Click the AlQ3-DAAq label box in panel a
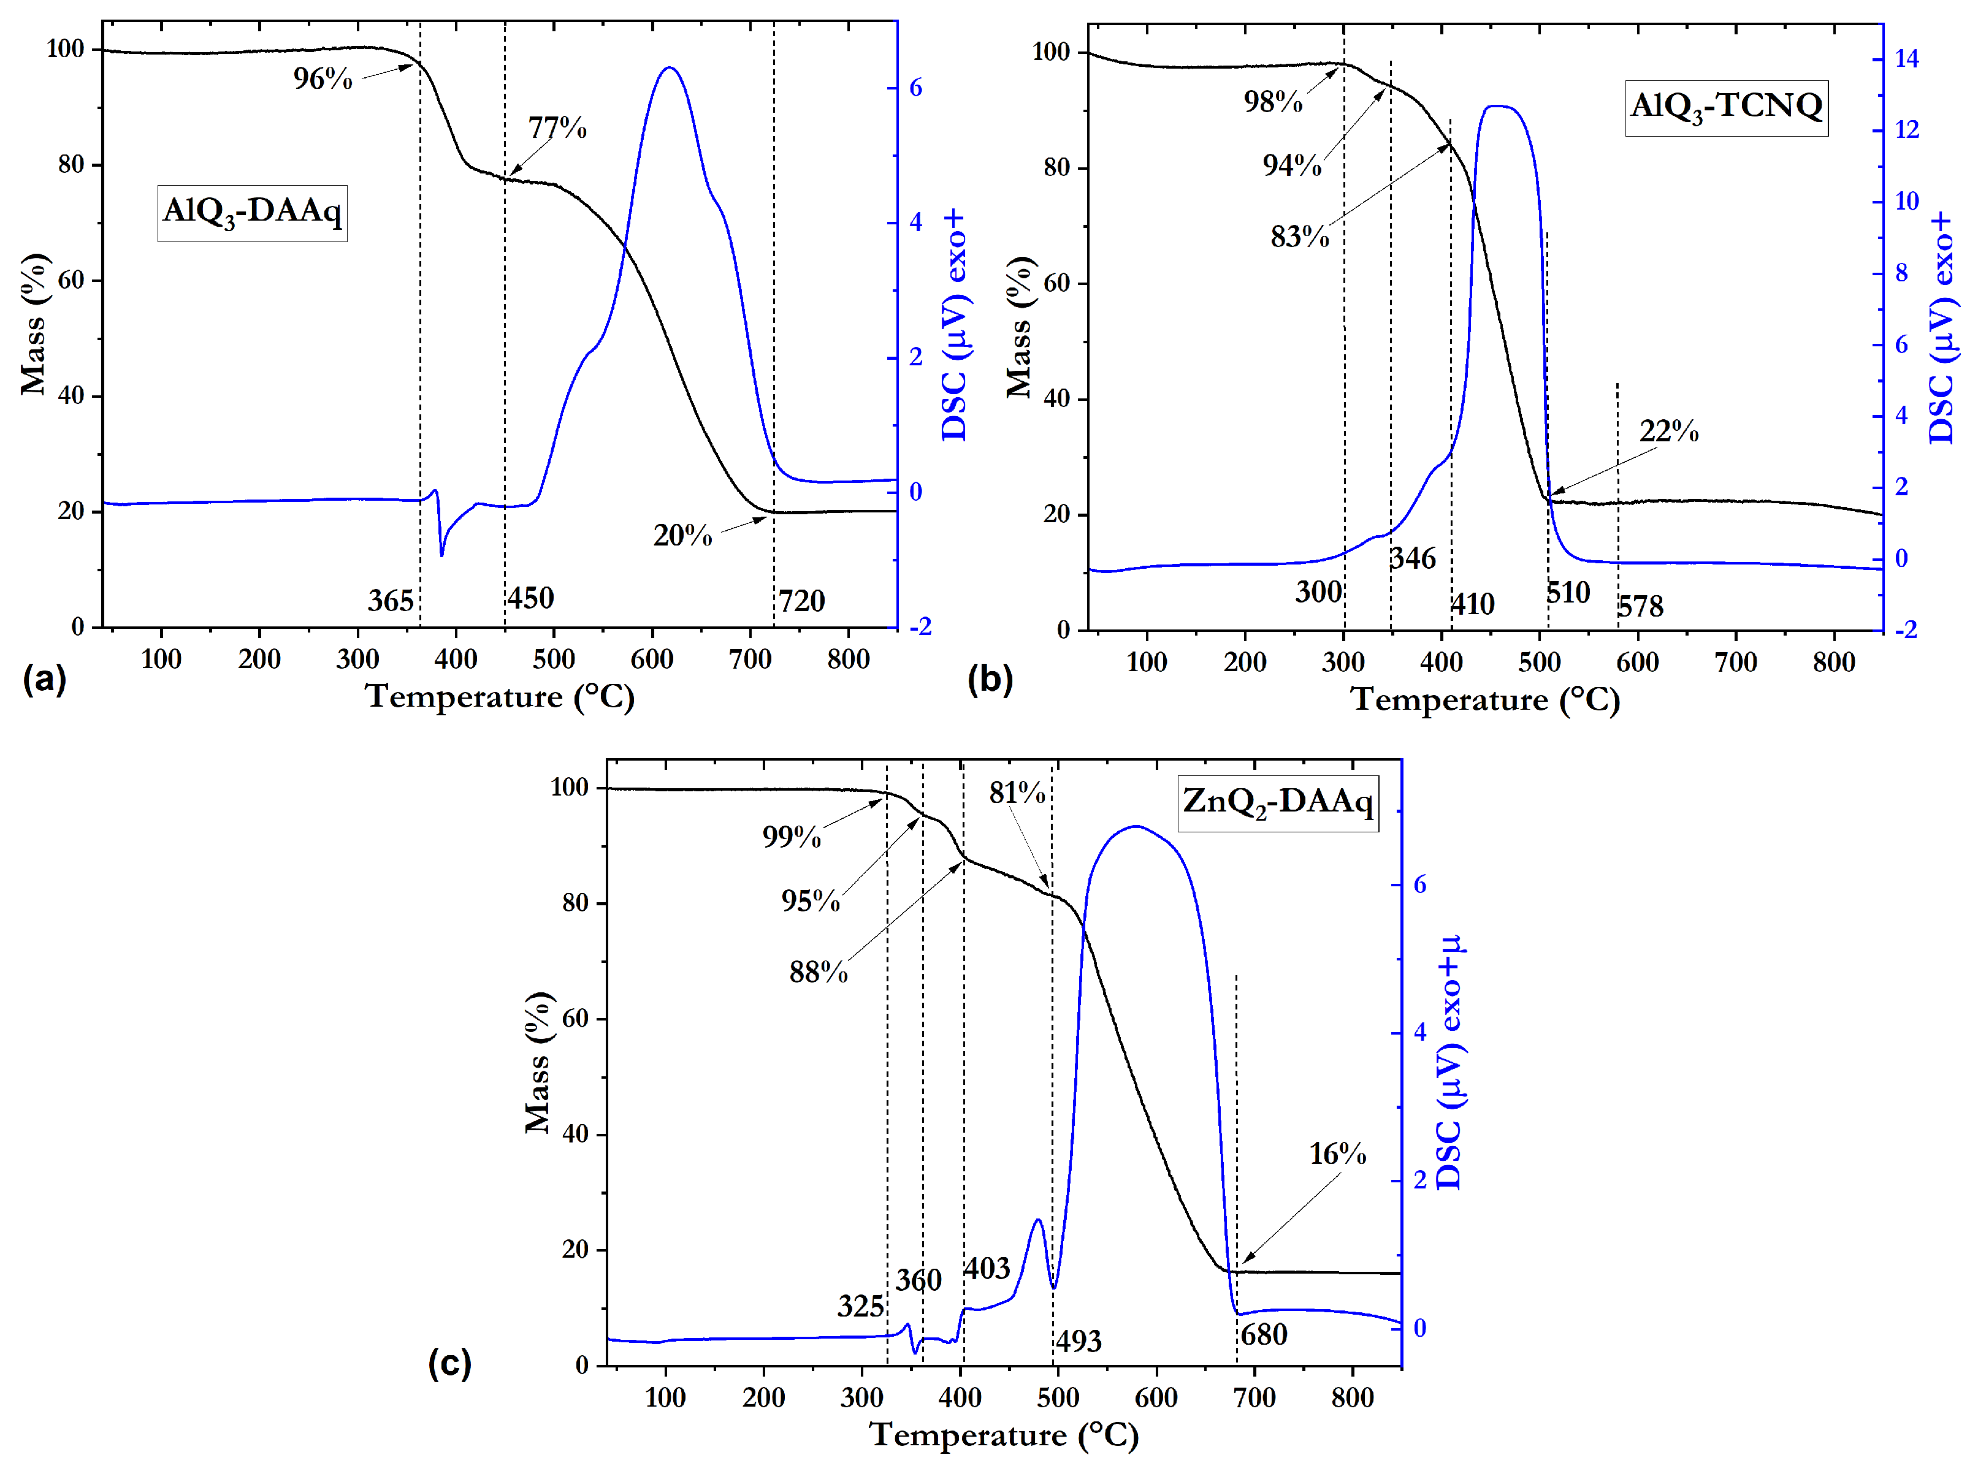(x=252, y=213)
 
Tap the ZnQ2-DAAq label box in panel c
(x=1277, y=803)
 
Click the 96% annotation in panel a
(x=323, y=78)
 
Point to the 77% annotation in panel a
(x=557, y=128)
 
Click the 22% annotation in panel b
(x=1668, y=431)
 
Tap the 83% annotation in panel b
(x=1299, y=237)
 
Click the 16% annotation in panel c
(x=1337, y=1154)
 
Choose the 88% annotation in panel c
(x=817, y=971)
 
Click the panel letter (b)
(x=990, y=679)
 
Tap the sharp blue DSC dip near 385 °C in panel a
(x=441, y=555)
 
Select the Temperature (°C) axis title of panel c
(x=1004, y=1434)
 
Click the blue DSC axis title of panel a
(x=954, y=325)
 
